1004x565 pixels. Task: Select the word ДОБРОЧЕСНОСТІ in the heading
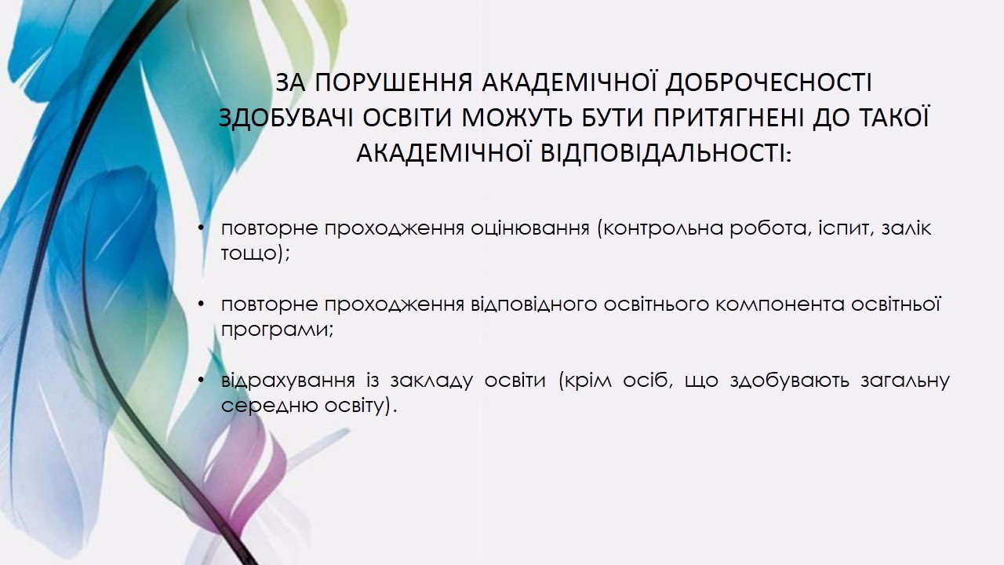[768, 84]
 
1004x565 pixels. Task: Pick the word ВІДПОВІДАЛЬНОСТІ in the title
[666, 154]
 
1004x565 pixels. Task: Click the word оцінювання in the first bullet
[529, 228]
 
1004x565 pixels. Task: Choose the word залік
[906, 228]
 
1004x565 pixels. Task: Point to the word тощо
[249, 253]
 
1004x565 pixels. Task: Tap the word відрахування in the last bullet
[288, 381]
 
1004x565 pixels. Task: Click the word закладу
[431, 381]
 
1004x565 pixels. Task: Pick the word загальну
[905, 381]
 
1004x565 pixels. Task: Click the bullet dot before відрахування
[202, 381]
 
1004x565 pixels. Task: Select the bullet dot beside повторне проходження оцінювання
[202, 228]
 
